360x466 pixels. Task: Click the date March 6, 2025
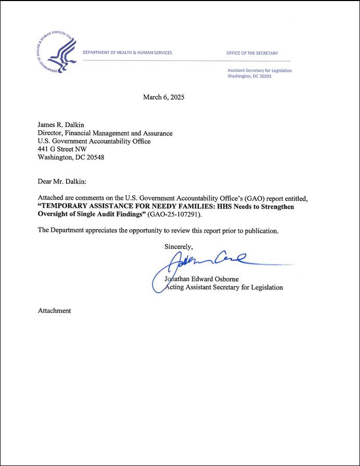coord(163,97)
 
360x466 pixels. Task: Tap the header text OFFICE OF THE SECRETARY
coord(252,53)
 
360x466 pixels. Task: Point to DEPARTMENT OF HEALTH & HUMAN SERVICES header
coord(127,53)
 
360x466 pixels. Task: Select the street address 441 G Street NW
coord(62,149)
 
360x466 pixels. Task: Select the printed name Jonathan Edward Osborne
coord(201,279)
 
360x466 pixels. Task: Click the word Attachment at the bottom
coord(54,311)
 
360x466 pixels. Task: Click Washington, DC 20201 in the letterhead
coord(249,76)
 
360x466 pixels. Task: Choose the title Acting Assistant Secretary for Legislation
coord(224,287)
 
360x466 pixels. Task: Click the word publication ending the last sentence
coord(262,231)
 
